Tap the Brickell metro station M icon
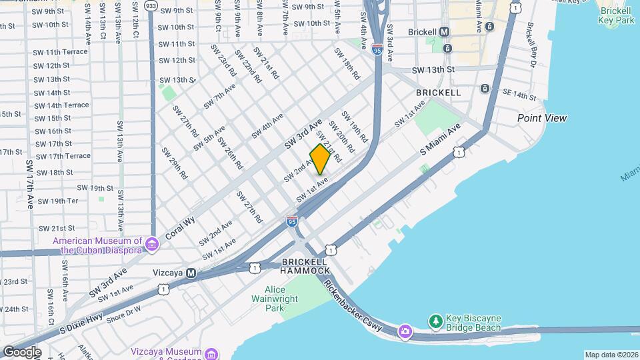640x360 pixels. pyautogui.click(x=445, y=32)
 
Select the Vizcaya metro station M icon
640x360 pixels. pyautogui.click(x=191, y=273)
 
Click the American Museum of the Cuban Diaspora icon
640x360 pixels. pyautogui.click(x=152, y=245)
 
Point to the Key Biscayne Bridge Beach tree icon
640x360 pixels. pyautogui.click(x=435, y=321)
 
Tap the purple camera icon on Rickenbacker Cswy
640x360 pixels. pyautogui.click(x=405, y=331)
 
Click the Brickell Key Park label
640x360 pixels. pyautogui.click(x=616, y=15)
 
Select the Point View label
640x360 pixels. pyautogui.click(x=542, y=118)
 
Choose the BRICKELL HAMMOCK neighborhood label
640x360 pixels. pyautogui.click(x=305, y=266)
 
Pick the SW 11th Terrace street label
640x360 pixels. pyautogui.click(x=61, y=52)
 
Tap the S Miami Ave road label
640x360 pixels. pyautogui.click(x=441, y=141)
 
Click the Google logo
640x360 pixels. pyautogui.click(x=21, y=351)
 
